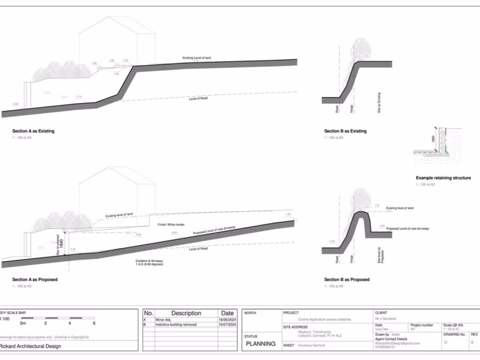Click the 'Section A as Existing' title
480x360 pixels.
[x=33, y=131]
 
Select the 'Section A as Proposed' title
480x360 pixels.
[x=35, y=279]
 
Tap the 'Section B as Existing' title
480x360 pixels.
[x=345, y=131]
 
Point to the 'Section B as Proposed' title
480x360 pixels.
[x=347, y=279]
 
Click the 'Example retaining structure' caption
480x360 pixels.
[x=443, y=178]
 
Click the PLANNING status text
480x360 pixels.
[x=261, y=344]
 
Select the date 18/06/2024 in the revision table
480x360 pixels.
[x=227, y=320]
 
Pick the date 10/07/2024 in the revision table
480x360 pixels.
[x=227, y=324]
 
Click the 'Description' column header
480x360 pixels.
[x=186, y=313]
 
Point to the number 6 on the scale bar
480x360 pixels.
[x=94, y=323]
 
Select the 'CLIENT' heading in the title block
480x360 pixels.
[x=381, y=312]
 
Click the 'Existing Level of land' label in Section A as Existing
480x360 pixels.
[x=197, y=58]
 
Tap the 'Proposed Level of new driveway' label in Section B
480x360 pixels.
[x=407, y=228]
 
